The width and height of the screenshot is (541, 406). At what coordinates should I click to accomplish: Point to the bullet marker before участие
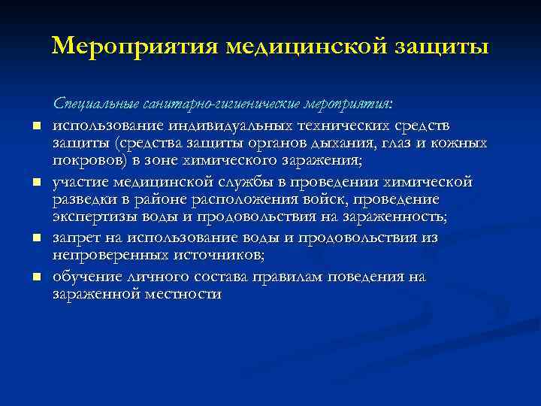(x=36, y=182)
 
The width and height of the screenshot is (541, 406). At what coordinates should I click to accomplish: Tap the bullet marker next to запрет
(x=36, y=238)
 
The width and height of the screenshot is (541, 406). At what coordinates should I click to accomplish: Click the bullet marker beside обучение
(x=36, y=277)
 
